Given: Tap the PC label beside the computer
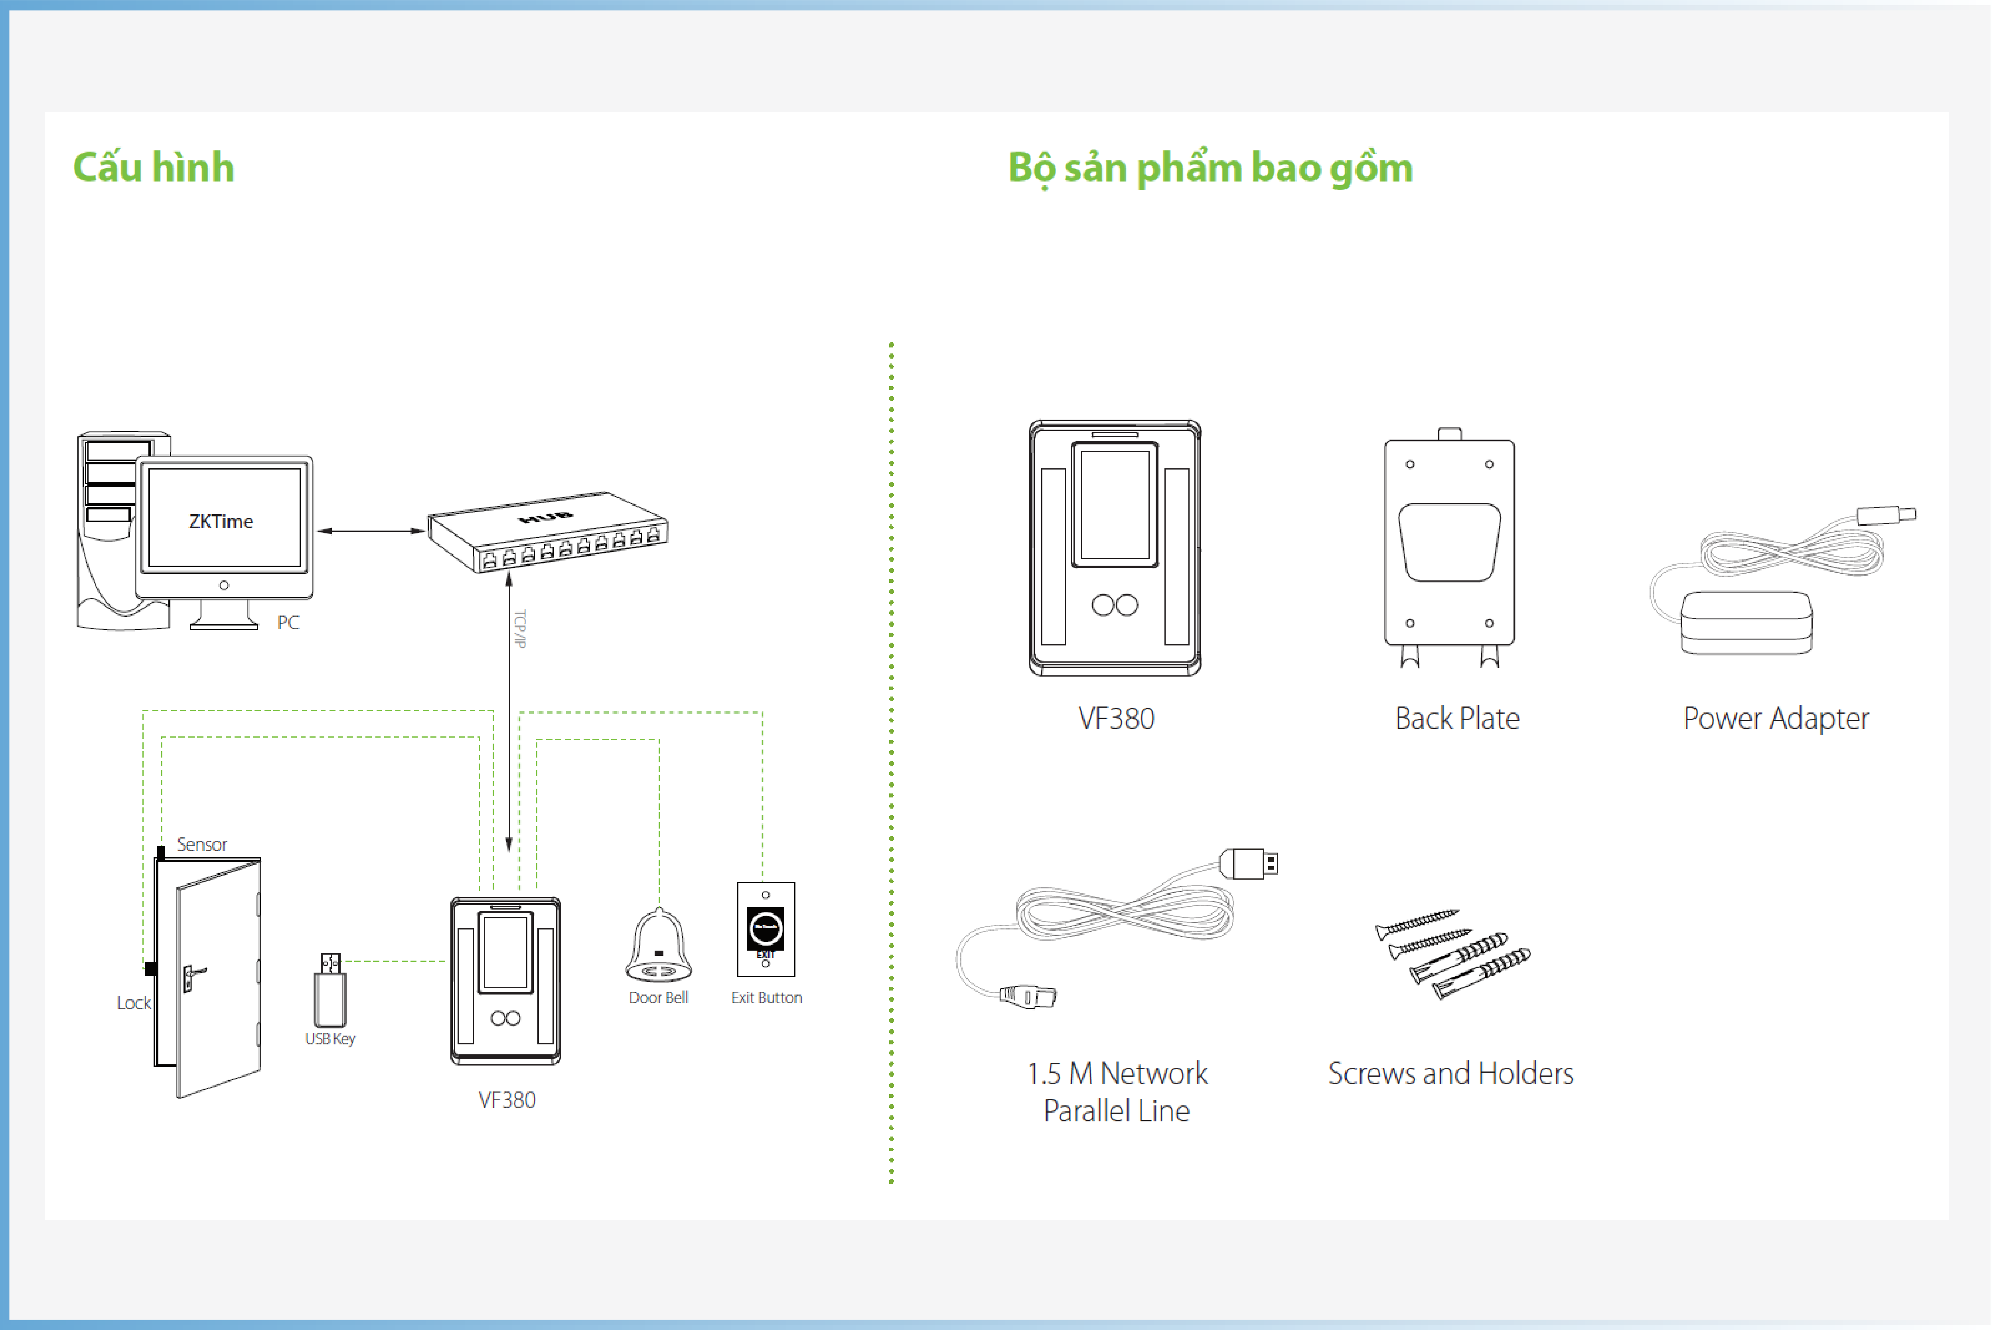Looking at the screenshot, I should (x=288, y=623).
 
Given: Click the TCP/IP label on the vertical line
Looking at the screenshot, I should (x=521, y=629).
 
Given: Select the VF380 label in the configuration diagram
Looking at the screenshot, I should (x=507, y=1100).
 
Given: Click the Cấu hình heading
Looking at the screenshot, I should (x=154, y=167).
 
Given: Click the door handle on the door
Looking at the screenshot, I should (x=193, y=975).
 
